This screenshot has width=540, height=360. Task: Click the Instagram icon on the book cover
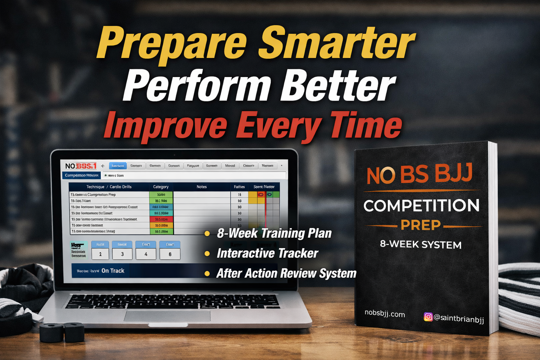(428, 317)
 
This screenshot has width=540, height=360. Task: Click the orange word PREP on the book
(420, 225)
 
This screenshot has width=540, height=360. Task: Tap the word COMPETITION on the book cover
(421, 206)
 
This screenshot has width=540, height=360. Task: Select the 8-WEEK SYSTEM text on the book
(420, 244)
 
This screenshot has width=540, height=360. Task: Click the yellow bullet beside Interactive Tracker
(207, 253)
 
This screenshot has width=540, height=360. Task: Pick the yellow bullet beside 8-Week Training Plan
(207, 233)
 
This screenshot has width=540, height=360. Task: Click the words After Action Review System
(286, 273)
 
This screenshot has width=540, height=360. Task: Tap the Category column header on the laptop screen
(161, 187)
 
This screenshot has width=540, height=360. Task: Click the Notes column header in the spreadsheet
(201, 187)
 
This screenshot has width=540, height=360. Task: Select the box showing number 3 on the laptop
(122, 254)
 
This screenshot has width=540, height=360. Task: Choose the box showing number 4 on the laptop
(146, 254)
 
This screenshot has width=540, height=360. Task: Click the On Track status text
(113, 271)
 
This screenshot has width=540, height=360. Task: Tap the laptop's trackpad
(167, 316)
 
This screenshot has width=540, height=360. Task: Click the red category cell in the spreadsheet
(161, 219)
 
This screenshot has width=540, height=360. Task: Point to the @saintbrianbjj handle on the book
(458, 319)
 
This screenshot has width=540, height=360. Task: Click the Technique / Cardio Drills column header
(109, 187)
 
